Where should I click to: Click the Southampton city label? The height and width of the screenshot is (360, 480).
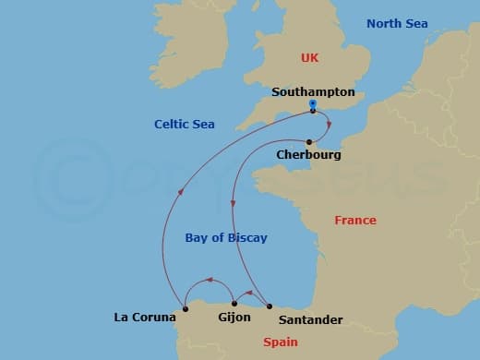point(313,92)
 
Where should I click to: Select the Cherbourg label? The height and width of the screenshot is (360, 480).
point(308,155)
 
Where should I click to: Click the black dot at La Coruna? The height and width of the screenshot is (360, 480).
point(186,307)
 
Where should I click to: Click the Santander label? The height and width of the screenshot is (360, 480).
point(310,319)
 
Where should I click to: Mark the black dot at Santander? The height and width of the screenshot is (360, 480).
point(269,306)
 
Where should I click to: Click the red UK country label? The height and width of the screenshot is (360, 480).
point(309,58)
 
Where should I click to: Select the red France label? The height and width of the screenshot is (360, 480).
point(354,221)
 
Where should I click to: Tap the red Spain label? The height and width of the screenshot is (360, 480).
point(281,342)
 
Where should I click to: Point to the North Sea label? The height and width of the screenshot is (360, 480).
point(397,23)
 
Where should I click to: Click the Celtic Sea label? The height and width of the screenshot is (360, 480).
point(186,124)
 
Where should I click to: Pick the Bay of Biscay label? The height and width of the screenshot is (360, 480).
point(226,237)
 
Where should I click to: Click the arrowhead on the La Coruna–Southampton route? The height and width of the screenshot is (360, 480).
point(180,191)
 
